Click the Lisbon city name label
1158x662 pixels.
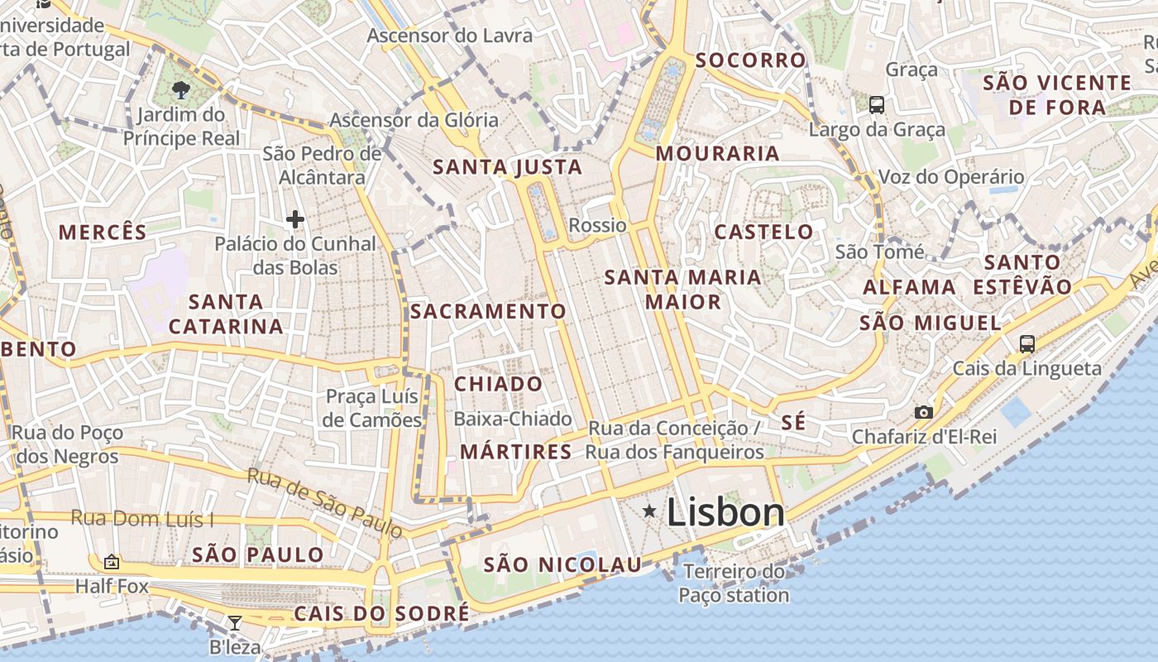725,512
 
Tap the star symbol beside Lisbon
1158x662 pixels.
650,512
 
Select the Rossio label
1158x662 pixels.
597,225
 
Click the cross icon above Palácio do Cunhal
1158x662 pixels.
295,219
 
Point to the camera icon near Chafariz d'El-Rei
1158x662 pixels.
924,412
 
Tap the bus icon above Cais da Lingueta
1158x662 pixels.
1027,343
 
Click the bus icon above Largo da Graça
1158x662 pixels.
877,105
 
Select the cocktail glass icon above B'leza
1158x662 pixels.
235,623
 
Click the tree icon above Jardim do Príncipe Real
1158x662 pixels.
180,89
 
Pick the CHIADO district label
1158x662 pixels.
498,384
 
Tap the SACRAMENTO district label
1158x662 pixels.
488,312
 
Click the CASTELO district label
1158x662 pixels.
763,232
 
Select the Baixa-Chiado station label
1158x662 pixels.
513,419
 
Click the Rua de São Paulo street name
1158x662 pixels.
325,501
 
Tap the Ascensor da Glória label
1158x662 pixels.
414,120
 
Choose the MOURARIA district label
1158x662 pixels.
717,153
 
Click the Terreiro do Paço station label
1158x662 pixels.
734,583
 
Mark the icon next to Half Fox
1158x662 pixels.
112,563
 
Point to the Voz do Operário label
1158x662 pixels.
950,177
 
